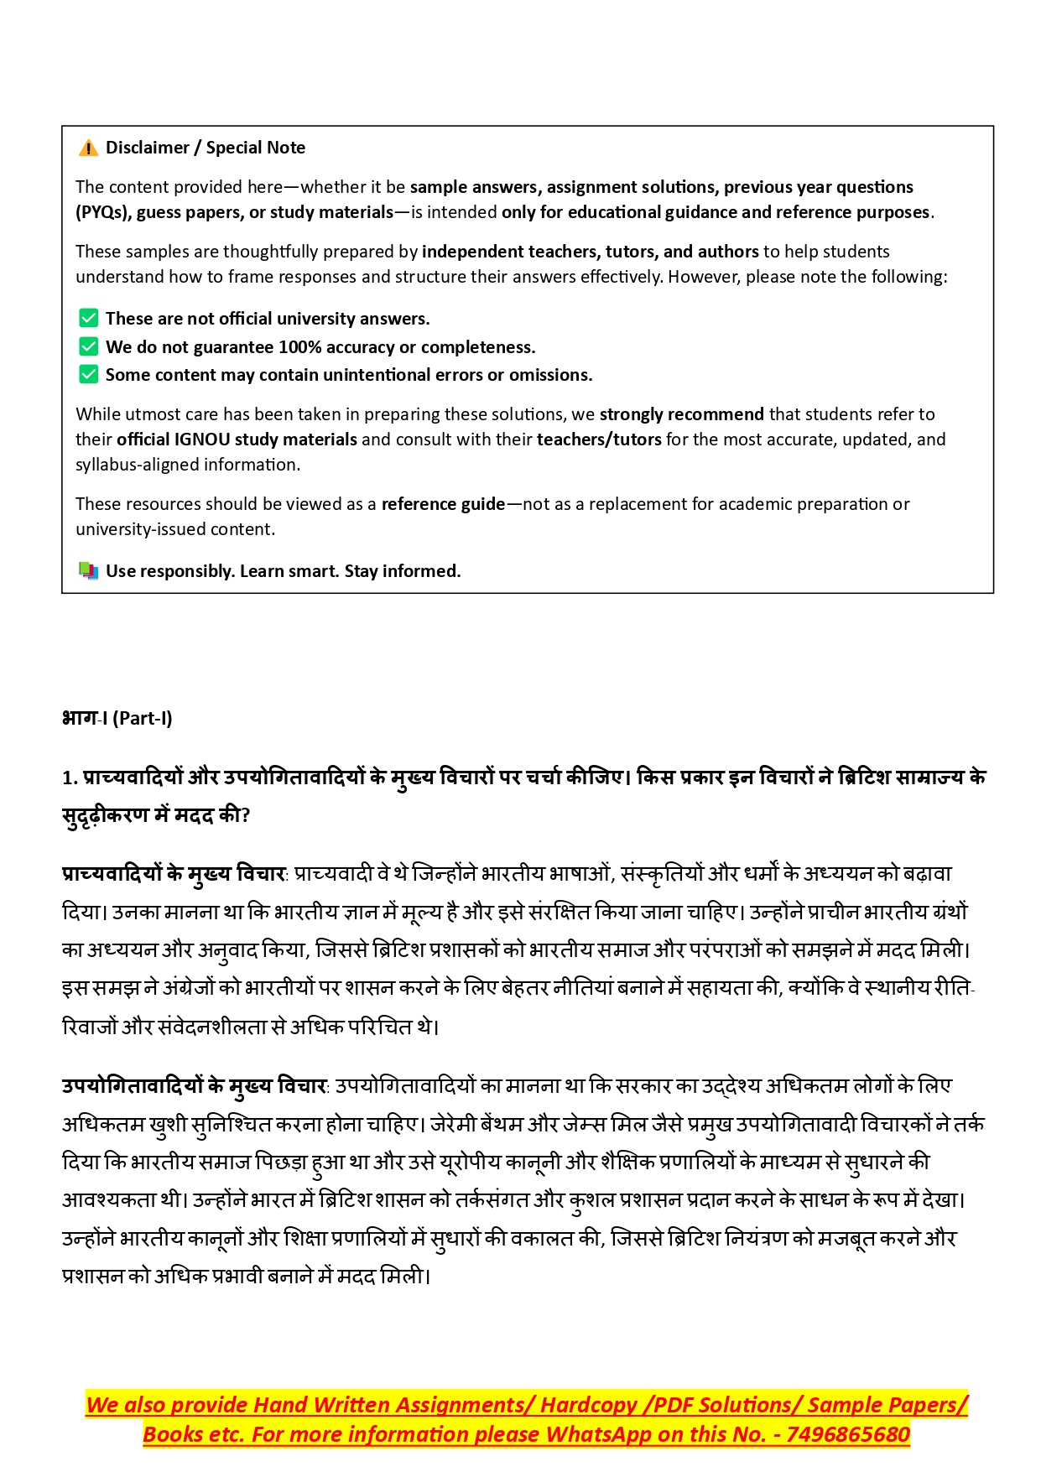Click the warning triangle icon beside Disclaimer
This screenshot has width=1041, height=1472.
pyautogui.click(x=88, y=148)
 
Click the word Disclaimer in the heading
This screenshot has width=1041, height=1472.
pyautogui.click(x=147, y=148)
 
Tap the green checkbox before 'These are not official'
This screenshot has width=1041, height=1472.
pyautogui.click(x=88, y=318)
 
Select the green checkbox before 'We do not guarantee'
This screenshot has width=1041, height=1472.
pyautogui.click(x=88, y=346)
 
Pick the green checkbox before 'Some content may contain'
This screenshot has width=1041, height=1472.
pyautogui.click(x=88, y=374)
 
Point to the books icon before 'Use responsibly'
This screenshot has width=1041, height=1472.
pyautogui.click(x=88, y=570)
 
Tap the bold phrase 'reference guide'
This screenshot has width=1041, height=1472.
pyautogui.click(x=443, y=504)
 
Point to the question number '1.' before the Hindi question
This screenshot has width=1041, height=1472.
pyautogui.click(x=69, y=778)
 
